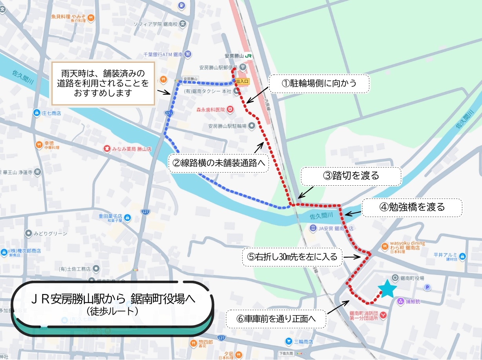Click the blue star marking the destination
click(388, 289)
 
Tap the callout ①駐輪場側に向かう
click(320, 84)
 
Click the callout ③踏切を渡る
click(351, 176)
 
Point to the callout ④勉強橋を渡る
click(411, 207)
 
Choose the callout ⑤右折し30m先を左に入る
click(292, 257)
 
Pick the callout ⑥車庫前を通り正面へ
click(276, 319)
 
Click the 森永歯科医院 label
click(211, 109)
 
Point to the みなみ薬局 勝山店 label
click(128, 149)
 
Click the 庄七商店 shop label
click(51, 113)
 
